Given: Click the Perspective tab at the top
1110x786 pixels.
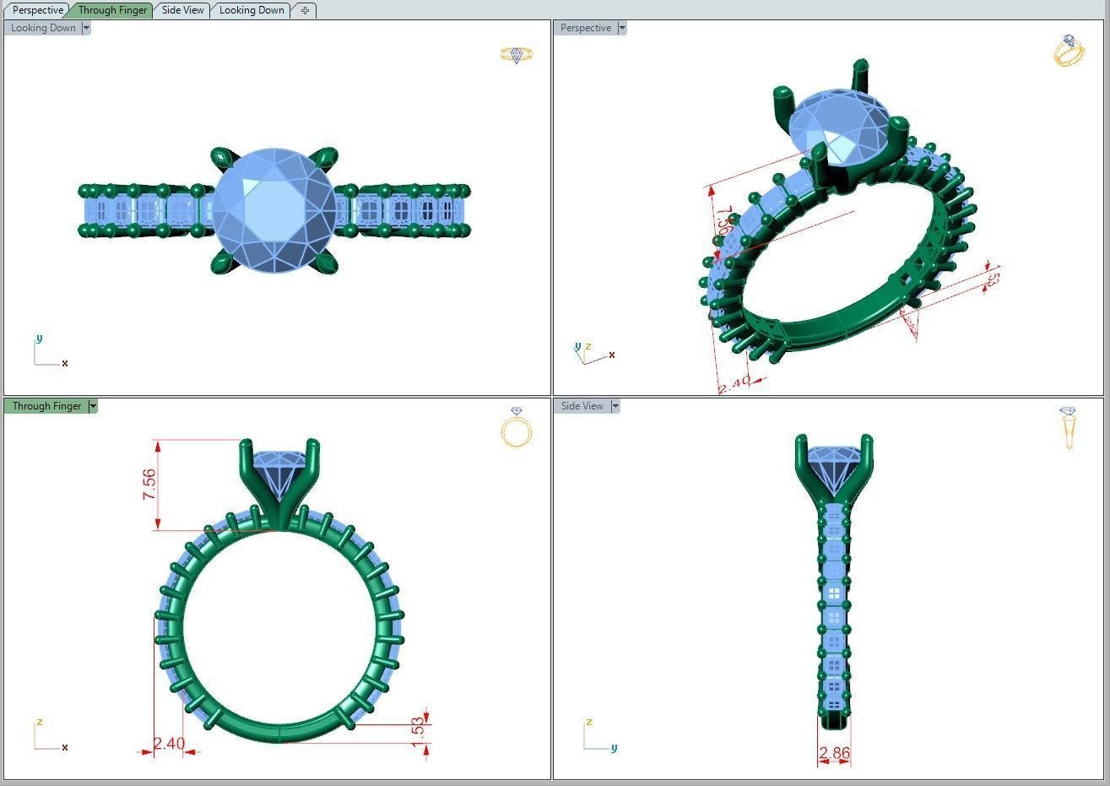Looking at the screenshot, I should coord(38,10).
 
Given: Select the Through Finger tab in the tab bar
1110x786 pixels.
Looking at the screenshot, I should coord(112,10).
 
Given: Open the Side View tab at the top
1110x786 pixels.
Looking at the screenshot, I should coord(183,10).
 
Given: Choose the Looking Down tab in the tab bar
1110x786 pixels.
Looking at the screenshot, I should coord(252,10).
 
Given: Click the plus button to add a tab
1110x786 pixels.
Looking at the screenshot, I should coord(305,10).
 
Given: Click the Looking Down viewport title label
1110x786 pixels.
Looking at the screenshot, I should coord(43,28).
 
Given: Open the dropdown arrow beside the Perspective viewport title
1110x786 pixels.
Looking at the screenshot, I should coord(622,28).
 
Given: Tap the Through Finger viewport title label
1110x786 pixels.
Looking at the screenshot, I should coord(46,406).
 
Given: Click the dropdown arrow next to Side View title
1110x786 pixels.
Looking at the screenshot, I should coord(615,406).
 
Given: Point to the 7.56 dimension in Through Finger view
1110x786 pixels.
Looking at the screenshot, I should coord(149,485).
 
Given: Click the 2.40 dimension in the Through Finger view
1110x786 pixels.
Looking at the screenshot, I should coord(169,744).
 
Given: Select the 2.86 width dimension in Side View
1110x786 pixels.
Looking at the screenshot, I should coord(834,752).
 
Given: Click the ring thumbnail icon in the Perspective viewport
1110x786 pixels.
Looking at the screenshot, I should coord(1069,51).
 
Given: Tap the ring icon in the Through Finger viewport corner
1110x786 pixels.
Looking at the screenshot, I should coord(517,427).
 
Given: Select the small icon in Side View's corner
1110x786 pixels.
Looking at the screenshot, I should coord(1068,427).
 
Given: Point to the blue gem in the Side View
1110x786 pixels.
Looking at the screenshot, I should coord(834,469).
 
